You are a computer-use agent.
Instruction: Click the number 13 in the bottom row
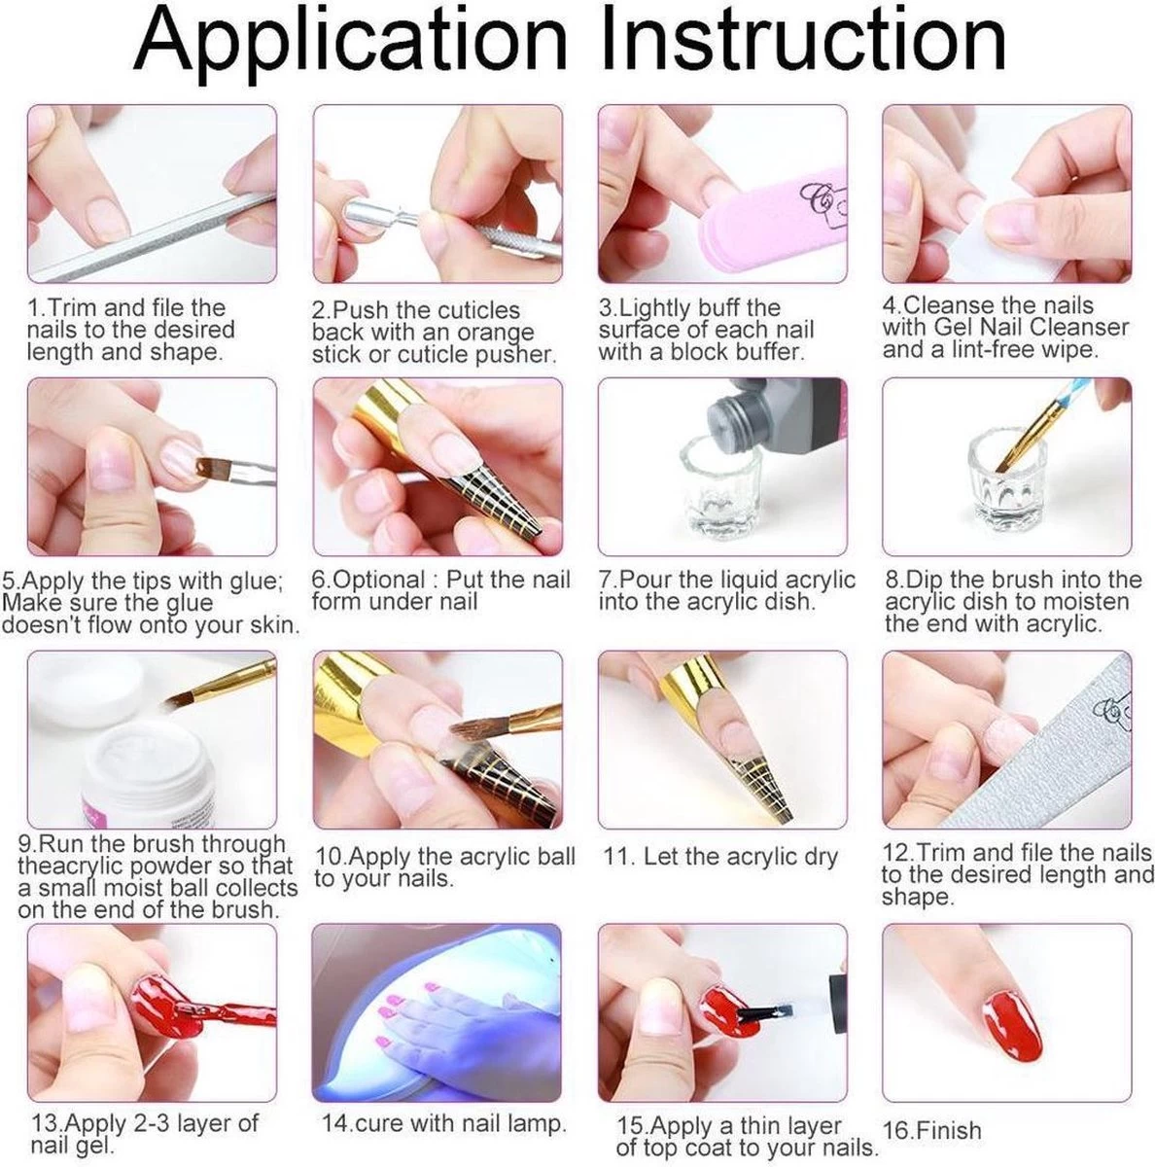click(x=48, y=1107)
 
